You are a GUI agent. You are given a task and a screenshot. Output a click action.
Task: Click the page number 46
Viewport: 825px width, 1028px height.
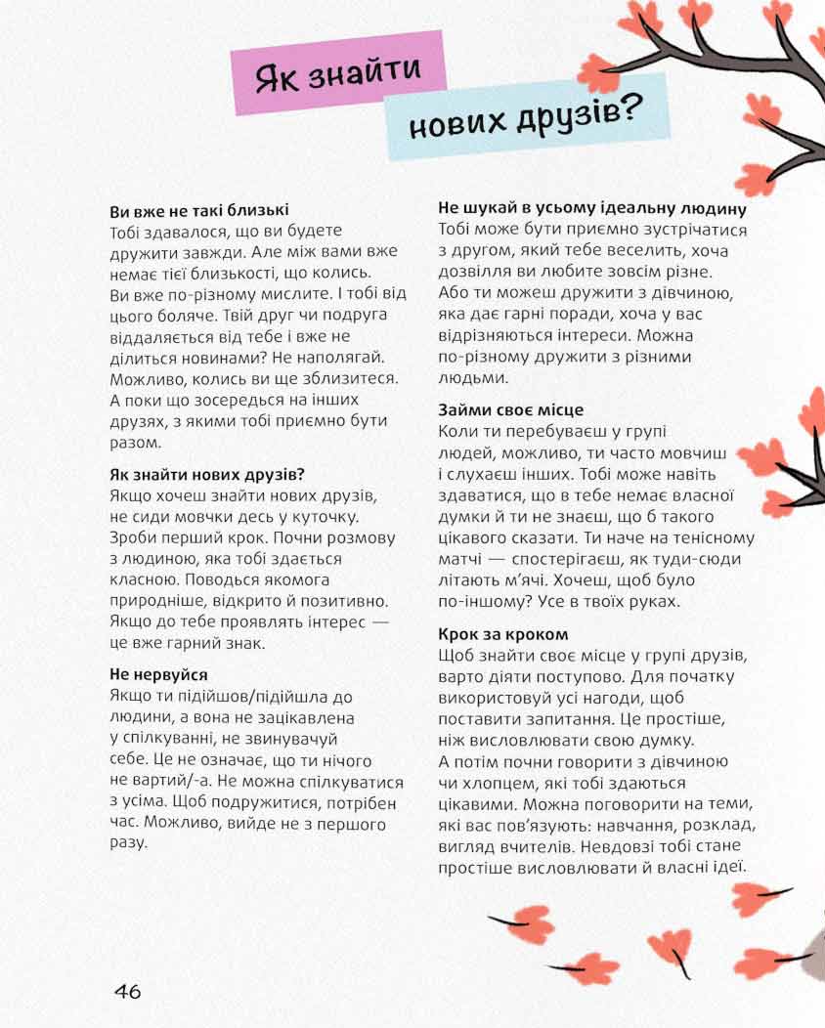(x=128, y=991)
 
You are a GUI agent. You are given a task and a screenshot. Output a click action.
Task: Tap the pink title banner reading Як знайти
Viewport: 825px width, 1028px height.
(x=337, y=74)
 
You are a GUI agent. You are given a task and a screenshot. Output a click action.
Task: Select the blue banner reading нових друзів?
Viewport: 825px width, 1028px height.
(x=526, y=118)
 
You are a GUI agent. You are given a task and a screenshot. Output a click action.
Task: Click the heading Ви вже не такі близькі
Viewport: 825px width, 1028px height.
(x=199, y=210)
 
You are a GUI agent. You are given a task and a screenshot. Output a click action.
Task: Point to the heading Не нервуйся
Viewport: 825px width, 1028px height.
(x=158, y=675)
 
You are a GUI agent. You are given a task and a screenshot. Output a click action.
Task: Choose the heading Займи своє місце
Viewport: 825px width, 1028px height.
(x=510, y=410)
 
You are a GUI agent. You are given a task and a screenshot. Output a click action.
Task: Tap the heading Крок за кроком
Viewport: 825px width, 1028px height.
(x=502, y=635)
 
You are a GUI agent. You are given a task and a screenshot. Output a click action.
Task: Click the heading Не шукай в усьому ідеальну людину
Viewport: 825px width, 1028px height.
(x=592, y=209)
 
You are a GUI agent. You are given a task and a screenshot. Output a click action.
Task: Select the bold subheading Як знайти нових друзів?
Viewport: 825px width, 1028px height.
(x=207, y=475)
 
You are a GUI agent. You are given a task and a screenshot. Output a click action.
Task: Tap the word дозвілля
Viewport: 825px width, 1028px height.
(x=480, y=272)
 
